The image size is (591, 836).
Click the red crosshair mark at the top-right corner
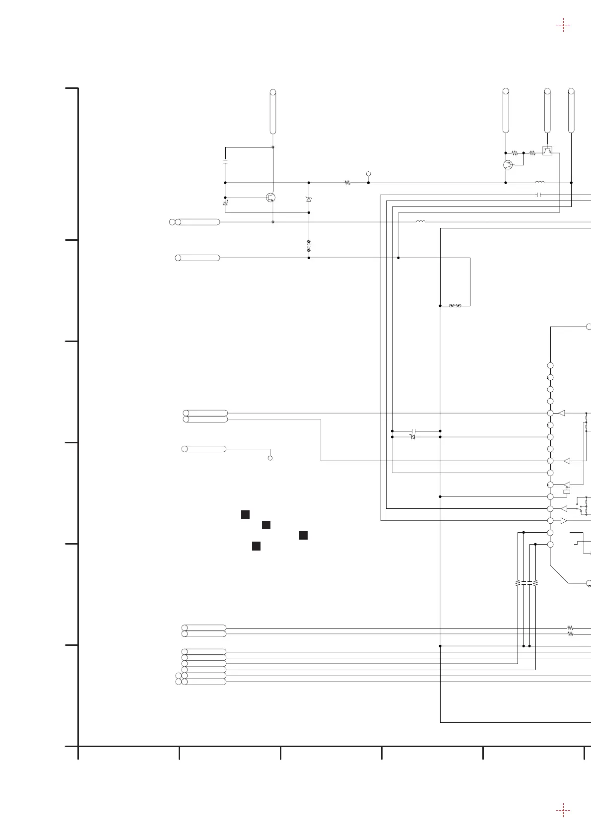pos(563,25)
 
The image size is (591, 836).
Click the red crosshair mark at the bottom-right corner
pos(563,811)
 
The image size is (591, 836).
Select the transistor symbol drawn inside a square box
pos(547,150)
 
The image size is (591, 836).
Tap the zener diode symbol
pos(309,199)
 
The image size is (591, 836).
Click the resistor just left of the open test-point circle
pos(347,183)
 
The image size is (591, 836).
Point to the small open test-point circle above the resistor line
pos(368,173)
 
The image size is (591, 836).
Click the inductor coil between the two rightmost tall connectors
pos(540,182)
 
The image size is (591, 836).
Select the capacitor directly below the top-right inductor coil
pos(539,195)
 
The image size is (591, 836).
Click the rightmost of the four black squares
pos(304,535)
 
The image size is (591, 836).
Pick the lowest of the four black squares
pos(256,546)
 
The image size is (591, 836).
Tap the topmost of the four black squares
pos(245,514)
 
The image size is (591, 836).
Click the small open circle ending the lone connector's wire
pos(270,458)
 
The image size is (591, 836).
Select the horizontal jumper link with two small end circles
pos(455,306)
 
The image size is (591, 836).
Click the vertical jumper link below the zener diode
pos(309,245)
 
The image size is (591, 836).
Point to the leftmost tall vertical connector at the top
pos(272,112)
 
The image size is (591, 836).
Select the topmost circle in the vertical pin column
pos(550,365)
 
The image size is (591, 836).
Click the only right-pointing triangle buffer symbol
pos(563,521)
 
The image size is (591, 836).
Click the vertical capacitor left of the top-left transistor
pos(225,162)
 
